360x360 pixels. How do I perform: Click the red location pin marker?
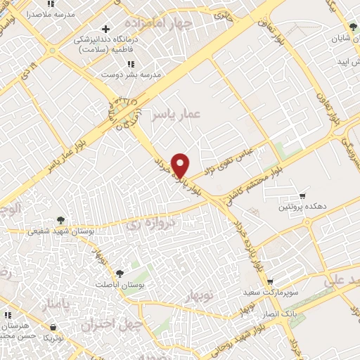(181, 165)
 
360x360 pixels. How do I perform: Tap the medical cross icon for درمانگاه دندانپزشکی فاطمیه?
(105, 30)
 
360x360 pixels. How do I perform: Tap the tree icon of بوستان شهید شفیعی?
(61, 220)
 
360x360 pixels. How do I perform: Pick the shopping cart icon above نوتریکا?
(53, 326)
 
